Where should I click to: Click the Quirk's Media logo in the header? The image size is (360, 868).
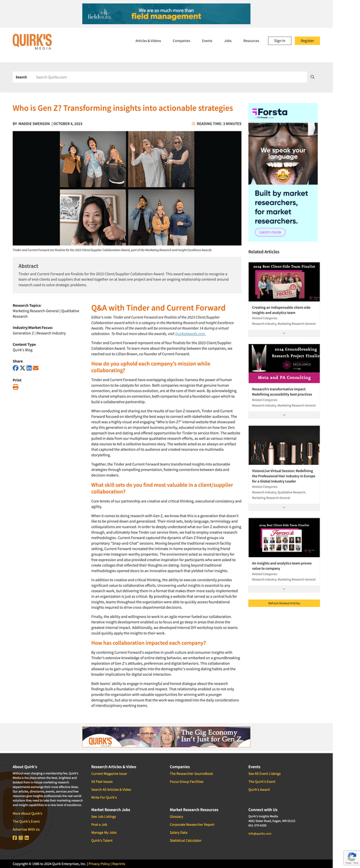(32, 41)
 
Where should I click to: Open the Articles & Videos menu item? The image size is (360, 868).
(148, 41)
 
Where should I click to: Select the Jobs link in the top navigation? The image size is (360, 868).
(228, 41)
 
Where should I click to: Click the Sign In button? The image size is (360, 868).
(280, 40)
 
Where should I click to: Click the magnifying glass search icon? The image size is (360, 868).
(313, 77)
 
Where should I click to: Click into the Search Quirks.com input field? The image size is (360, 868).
(169, 77)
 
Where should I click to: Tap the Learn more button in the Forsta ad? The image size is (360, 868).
(270, 232)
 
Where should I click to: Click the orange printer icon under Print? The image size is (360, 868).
(16, 387)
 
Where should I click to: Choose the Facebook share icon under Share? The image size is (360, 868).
(16, 368)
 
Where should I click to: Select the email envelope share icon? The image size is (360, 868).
(36, 368)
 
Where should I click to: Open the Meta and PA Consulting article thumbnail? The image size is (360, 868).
(283, 363)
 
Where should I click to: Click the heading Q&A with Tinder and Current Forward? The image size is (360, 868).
(158, 308)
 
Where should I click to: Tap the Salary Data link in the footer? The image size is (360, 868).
(178, 833)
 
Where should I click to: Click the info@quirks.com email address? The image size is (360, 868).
(260, 834)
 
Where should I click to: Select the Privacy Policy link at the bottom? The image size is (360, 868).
(99, 864)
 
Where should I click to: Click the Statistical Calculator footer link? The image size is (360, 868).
(186, 840)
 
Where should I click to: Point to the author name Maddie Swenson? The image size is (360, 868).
(34, 124)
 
